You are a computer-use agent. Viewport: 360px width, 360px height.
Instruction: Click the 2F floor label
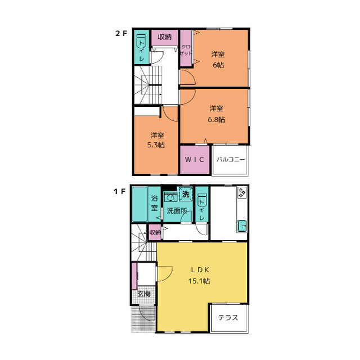pos(121,34)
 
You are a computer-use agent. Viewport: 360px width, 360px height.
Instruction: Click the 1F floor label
pos(120,191)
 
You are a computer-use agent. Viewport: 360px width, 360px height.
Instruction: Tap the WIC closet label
pos(195,159)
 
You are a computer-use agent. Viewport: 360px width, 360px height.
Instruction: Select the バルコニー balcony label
pos(231,159)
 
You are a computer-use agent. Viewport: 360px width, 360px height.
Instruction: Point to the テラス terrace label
pos(228,317)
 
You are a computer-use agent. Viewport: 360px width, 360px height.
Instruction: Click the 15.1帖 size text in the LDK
pos(199,281)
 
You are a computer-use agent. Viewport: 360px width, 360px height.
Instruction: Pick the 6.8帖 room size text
pos(217,119)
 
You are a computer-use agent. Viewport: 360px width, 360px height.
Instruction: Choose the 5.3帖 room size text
pos(156,145)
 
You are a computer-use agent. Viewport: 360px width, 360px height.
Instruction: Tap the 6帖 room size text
pos(218,65)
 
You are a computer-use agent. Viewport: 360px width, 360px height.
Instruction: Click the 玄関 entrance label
pos(144,294)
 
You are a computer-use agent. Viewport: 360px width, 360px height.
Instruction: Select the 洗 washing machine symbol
pos(186,194)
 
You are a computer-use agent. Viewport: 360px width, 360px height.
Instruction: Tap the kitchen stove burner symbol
pos(242,192)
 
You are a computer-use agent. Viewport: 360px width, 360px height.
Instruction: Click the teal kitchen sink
pos(242,226)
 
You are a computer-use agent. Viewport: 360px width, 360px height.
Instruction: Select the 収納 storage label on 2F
pos(165,37)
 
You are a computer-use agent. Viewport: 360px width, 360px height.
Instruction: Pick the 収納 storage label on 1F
pos(155,232)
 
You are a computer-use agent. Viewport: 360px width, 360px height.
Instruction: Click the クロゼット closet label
pos(186,50)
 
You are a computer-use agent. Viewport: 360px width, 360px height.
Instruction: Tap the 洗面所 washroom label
pos(177,210)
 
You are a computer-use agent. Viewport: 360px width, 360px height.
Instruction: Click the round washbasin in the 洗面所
pos(170,197)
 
